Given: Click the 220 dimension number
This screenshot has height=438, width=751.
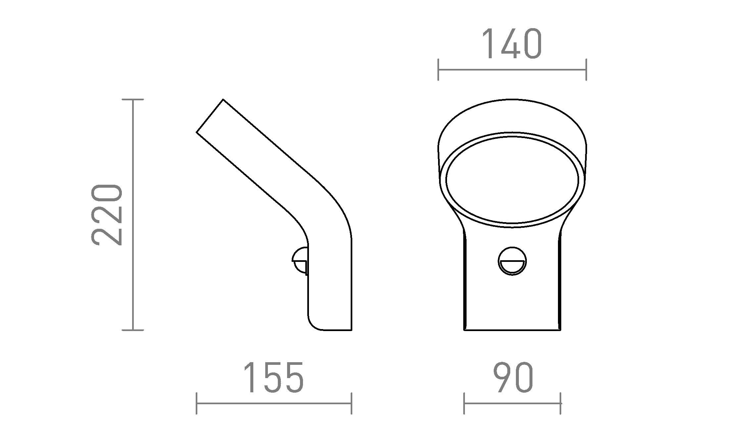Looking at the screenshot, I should [107, 215].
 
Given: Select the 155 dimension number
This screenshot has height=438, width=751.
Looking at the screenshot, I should [274, 378].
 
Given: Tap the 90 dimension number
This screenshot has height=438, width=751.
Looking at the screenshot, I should [513, 378].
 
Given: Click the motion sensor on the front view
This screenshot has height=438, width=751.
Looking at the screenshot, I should [512, 261].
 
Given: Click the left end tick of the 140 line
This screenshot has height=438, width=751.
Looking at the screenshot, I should [438, 70].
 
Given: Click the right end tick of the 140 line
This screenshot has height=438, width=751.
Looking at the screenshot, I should [586, 70].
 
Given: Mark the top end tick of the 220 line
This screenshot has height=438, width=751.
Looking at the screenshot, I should [133, 99].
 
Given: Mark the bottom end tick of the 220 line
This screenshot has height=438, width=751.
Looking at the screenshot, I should [133, 330].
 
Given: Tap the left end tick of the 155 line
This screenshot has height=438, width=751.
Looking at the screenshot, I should [197, 403].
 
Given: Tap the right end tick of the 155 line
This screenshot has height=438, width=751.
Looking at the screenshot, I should [351, 403].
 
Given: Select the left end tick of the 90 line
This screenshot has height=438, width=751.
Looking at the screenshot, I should [464, 403].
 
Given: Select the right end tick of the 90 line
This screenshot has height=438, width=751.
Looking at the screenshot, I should [561, 403].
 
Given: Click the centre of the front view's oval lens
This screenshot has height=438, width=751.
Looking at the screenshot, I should [512, 179].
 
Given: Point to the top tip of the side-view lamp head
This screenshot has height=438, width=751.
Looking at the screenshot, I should [223, 99].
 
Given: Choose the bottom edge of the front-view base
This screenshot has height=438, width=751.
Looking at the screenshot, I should [512, 330].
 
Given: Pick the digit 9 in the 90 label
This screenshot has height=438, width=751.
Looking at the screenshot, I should [502, 378].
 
